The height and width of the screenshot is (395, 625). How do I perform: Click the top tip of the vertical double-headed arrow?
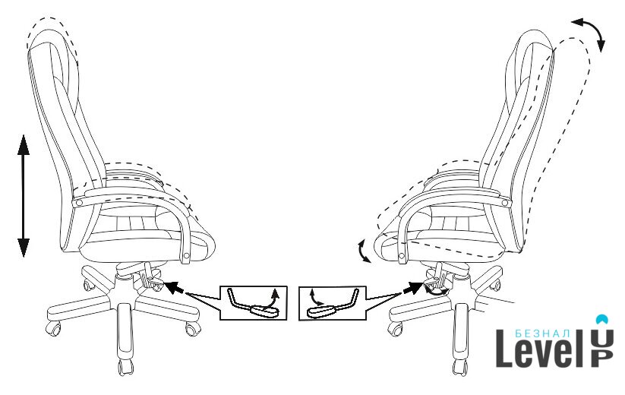click(24, 135)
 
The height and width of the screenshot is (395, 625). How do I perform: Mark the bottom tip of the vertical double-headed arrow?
click(24, 257)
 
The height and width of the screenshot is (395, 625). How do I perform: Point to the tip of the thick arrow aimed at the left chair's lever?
click(164, 283)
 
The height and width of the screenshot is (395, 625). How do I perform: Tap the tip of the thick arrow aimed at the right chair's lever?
click(424, 283)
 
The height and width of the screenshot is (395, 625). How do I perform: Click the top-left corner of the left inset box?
click(220, 286)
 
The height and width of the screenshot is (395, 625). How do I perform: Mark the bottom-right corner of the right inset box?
click(365, 320)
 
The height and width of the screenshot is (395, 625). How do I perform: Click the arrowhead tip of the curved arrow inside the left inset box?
click(275, 289)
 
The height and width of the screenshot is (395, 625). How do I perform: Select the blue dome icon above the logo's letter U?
click(602, 319)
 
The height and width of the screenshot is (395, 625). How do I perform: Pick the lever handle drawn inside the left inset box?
click(264, 310)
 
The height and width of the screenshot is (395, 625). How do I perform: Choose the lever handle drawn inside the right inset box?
click(321, 311)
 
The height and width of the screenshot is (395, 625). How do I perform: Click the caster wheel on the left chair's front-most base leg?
click(125, 367)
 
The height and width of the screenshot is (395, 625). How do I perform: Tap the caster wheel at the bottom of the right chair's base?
click(459, 367)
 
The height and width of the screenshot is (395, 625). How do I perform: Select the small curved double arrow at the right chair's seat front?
click(364, 251)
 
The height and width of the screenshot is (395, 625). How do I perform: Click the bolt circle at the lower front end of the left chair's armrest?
click(187, 255)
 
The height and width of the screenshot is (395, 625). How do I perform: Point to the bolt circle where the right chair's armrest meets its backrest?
click(506, 203)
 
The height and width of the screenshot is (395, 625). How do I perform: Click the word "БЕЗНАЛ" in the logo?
click(542, 333)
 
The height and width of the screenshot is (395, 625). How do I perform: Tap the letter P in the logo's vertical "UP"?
click(602, 359)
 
